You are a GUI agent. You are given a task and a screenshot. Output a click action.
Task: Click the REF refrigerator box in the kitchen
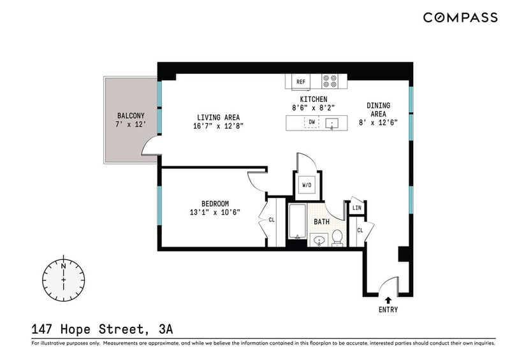point(301,82)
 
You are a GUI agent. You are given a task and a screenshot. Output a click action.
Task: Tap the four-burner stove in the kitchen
point(329,82)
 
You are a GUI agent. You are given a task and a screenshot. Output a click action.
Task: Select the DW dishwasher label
point(312,122)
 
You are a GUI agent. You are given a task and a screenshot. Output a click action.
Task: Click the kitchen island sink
point(331,124)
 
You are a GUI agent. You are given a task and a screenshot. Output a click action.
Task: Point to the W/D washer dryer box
point(307,185)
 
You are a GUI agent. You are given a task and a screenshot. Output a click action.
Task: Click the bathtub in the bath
point(297,222)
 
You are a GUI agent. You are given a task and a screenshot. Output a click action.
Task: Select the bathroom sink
point(319,240)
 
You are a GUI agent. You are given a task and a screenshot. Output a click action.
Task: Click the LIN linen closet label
point(357,208)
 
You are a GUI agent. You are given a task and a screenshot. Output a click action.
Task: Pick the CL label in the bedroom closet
point(272,220)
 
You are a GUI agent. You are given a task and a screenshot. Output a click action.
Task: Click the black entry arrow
point(388,300)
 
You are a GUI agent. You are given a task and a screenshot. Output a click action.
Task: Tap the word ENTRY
point(388,310)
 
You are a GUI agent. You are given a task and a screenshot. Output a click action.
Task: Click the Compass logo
point(460,18)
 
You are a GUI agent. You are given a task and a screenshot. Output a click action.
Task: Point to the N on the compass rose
point(63,266)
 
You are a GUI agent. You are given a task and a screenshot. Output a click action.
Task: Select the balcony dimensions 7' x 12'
point(131,124)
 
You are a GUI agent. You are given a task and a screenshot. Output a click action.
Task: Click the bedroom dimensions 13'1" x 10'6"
point(215,212)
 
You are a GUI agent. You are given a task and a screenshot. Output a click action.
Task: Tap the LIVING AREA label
point(218,117)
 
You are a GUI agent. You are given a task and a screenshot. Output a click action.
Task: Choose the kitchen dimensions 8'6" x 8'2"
point(314,108)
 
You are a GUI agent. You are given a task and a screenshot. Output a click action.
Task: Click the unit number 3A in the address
point(166,329)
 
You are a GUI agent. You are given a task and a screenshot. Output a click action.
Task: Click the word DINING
point(378,105)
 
